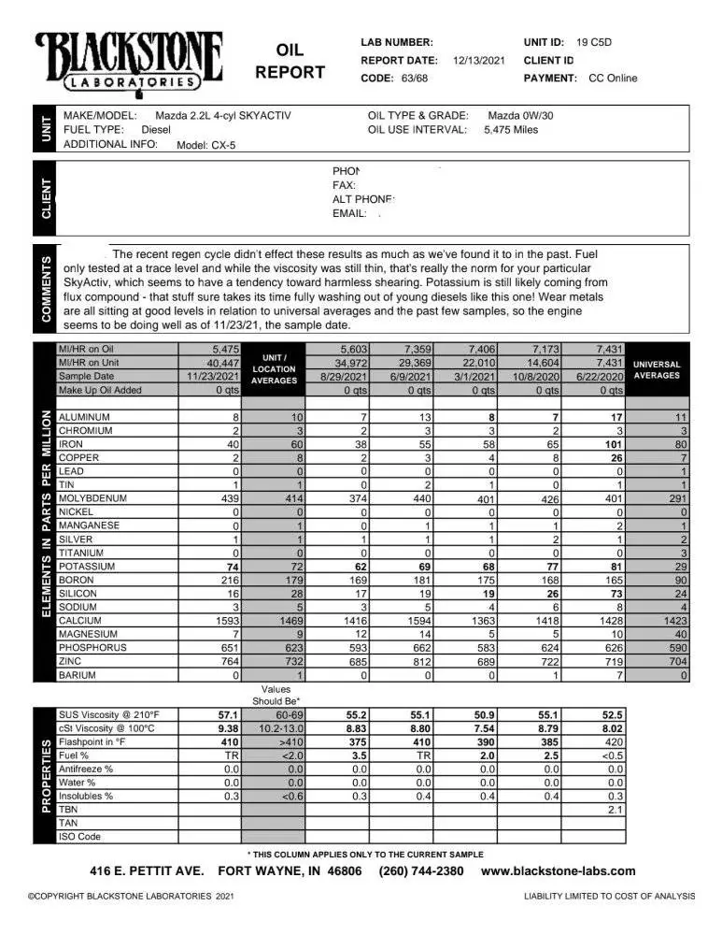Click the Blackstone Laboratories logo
129,61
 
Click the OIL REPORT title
290,61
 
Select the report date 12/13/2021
478,60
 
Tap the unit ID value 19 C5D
594,42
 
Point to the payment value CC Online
613,79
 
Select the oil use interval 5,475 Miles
511,130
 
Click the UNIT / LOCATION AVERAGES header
274,369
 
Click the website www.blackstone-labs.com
558,870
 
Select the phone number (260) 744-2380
420,870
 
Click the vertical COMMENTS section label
46,288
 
